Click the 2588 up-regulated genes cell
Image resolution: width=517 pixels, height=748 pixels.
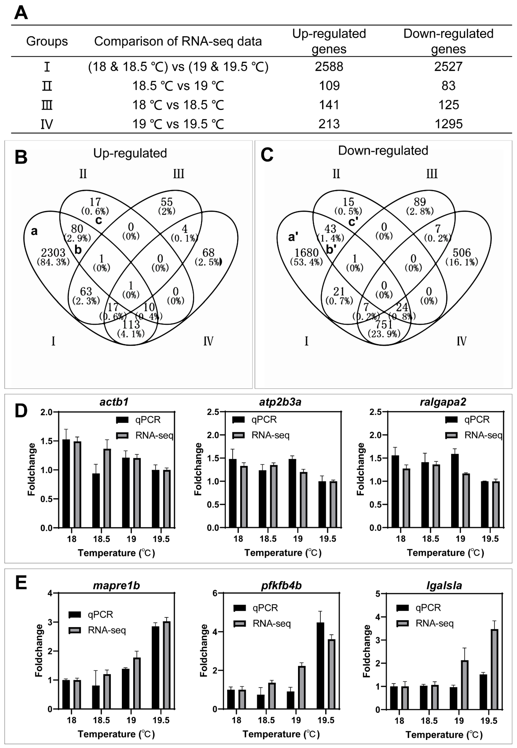click(329, 67)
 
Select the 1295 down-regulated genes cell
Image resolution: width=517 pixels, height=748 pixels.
click(448, 124)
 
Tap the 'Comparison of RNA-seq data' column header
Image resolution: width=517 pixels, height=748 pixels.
click(178, 41)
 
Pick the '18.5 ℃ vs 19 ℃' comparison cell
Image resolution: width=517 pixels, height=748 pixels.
click(178, 86)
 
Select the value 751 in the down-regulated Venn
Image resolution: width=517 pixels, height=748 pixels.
click(384, 324)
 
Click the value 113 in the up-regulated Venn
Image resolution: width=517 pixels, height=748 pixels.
click(131, 324)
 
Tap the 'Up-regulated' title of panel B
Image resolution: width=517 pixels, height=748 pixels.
click(130, 153)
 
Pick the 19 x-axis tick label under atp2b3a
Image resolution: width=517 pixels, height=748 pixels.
click(298, 539)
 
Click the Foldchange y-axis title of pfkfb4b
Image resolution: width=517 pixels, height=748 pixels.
click(203, 651)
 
